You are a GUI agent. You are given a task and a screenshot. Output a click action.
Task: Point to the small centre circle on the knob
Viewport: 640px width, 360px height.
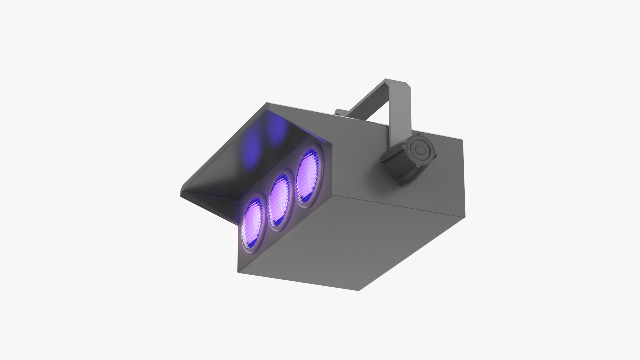point(418,150)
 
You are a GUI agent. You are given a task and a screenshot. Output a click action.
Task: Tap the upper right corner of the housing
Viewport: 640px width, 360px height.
point(463,140)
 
